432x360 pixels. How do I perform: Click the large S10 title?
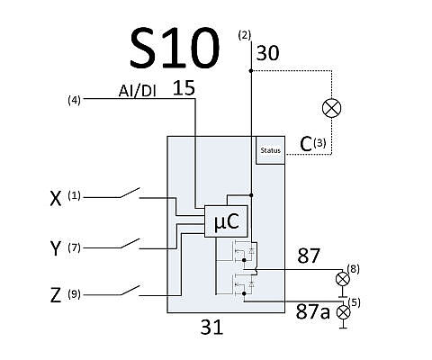pyautogui.click(x=175, y=48)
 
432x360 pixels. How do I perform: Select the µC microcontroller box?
pyautogui.click(x=227, y=221)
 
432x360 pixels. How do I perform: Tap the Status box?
pyautogui.click(x=270, y=150)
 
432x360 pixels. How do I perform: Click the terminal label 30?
pyautogui.click(x=267, y=53)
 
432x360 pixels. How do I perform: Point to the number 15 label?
pyautogui.click(x=184, y=88)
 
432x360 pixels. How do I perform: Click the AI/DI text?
pyautogui.click(x=138, y=91)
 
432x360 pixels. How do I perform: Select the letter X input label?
pyautogui.click(x=56, y=198)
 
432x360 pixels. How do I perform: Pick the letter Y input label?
pyautogui.click(x=56, y=247)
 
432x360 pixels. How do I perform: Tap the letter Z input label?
pyautogui.click(x=56, y=295)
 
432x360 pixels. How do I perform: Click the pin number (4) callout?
pyautogui.click(x=75, y=100)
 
